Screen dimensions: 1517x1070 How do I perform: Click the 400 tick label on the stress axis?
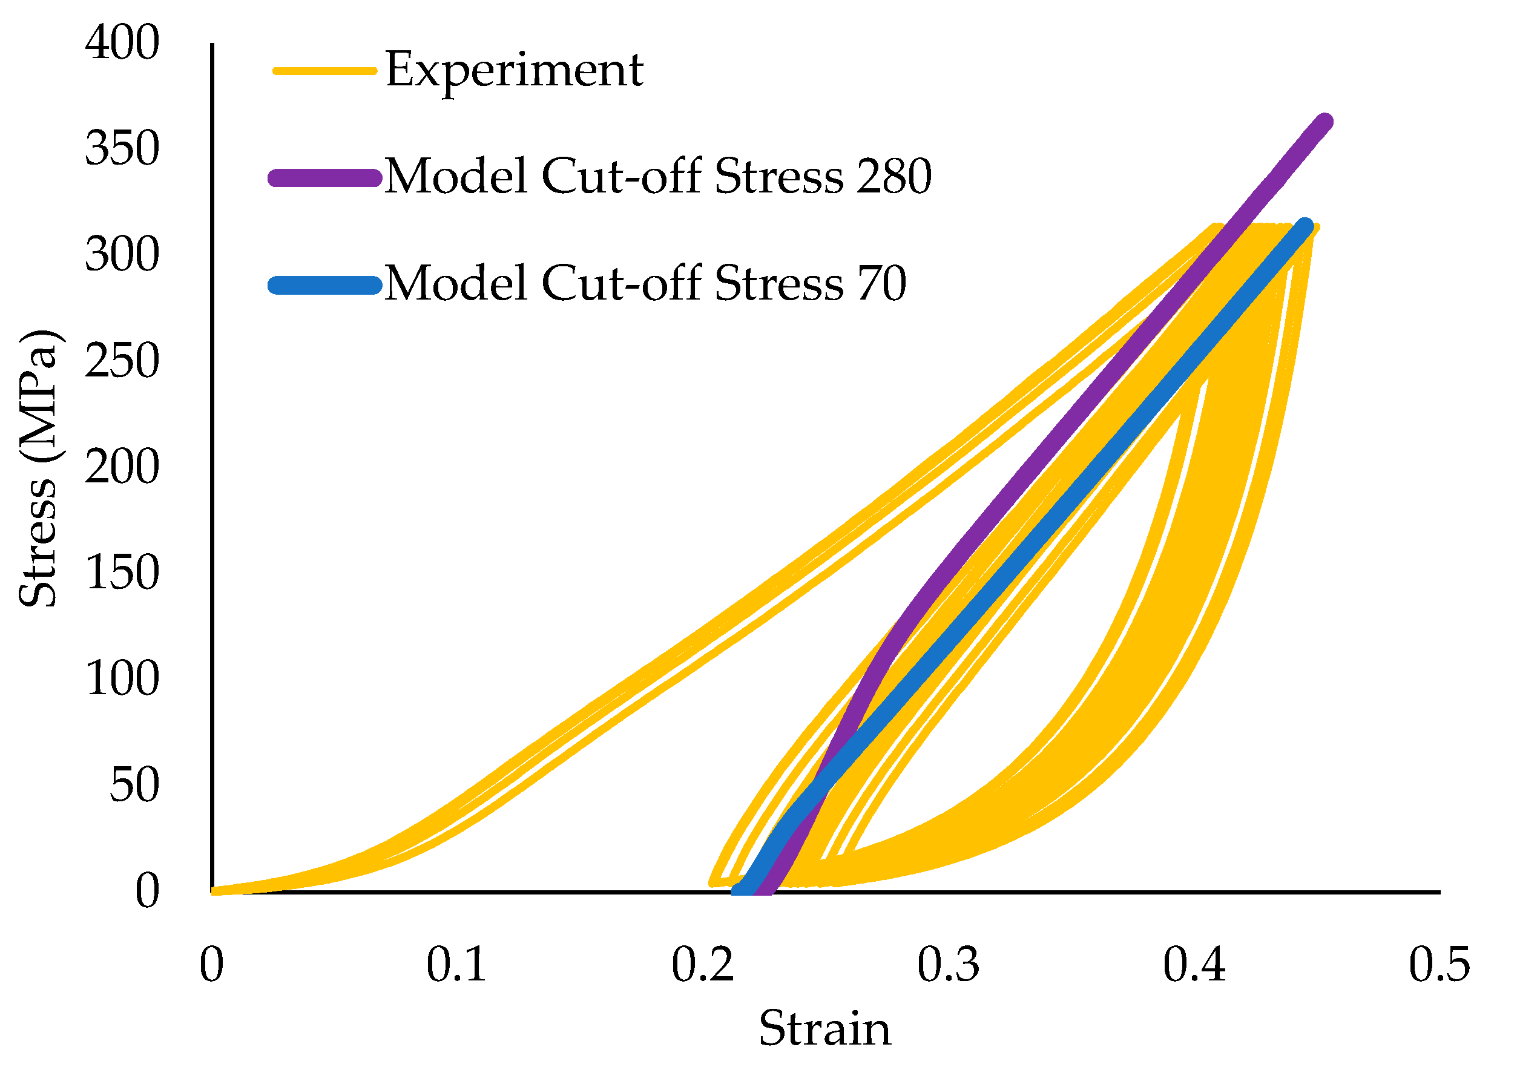[122, 43]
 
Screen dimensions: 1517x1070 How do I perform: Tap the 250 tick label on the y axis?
[122, 361]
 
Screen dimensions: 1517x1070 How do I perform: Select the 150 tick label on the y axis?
[122, 573]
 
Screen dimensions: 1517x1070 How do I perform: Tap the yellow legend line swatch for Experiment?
[325, 71]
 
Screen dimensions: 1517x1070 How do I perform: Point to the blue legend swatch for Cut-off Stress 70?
[325, 285]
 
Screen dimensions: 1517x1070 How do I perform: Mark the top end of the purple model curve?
[1324, 122]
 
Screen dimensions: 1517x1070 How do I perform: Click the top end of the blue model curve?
[1305, 227]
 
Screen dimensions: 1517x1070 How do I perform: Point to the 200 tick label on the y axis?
[122, 468]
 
